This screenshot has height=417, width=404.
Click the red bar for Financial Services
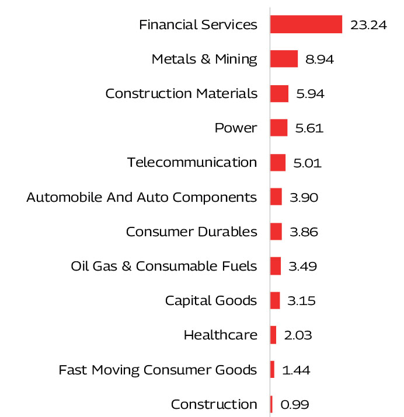306,24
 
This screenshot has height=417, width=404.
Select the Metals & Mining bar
284,59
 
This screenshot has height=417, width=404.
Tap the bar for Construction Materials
279,93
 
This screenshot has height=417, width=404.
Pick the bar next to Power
278,128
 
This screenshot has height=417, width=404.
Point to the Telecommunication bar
278,162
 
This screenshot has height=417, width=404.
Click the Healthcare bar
273,335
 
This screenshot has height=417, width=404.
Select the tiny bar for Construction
271,404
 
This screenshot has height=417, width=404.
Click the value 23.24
368,25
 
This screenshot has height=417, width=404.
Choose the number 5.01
307,163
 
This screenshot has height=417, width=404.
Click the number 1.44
295,370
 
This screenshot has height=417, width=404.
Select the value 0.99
294,404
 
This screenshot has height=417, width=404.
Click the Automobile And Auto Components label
141,198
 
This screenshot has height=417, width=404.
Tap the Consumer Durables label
191,232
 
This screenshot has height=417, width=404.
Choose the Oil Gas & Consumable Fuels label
163,267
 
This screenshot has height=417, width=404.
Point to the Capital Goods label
211,301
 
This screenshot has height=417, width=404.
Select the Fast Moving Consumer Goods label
158,370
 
